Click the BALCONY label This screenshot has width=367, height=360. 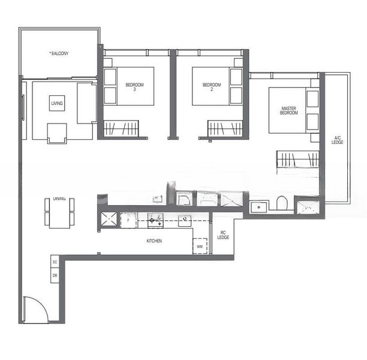point(59,53)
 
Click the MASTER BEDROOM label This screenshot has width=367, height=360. point(288,111)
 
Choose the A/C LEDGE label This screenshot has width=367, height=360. point(337,140)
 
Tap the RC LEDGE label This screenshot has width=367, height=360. point(223,236)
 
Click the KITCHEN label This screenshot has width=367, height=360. point(154,241)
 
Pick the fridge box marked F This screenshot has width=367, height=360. point(128,221)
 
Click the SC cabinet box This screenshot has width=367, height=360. point(55,262)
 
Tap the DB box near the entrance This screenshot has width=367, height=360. point(55,275)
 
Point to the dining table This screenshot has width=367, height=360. point(59,212)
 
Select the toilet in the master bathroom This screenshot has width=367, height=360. point(282,204)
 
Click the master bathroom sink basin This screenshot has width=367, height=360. point(260,207)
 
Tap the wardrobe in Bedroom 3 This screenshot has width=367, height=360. point(121,128)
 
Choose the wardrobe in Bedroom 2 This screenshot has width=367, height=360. point(225,128)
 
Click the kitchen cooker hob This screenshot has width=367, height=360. point(156,221)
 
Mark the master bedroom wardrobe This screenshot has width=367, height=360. point(297,160)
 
